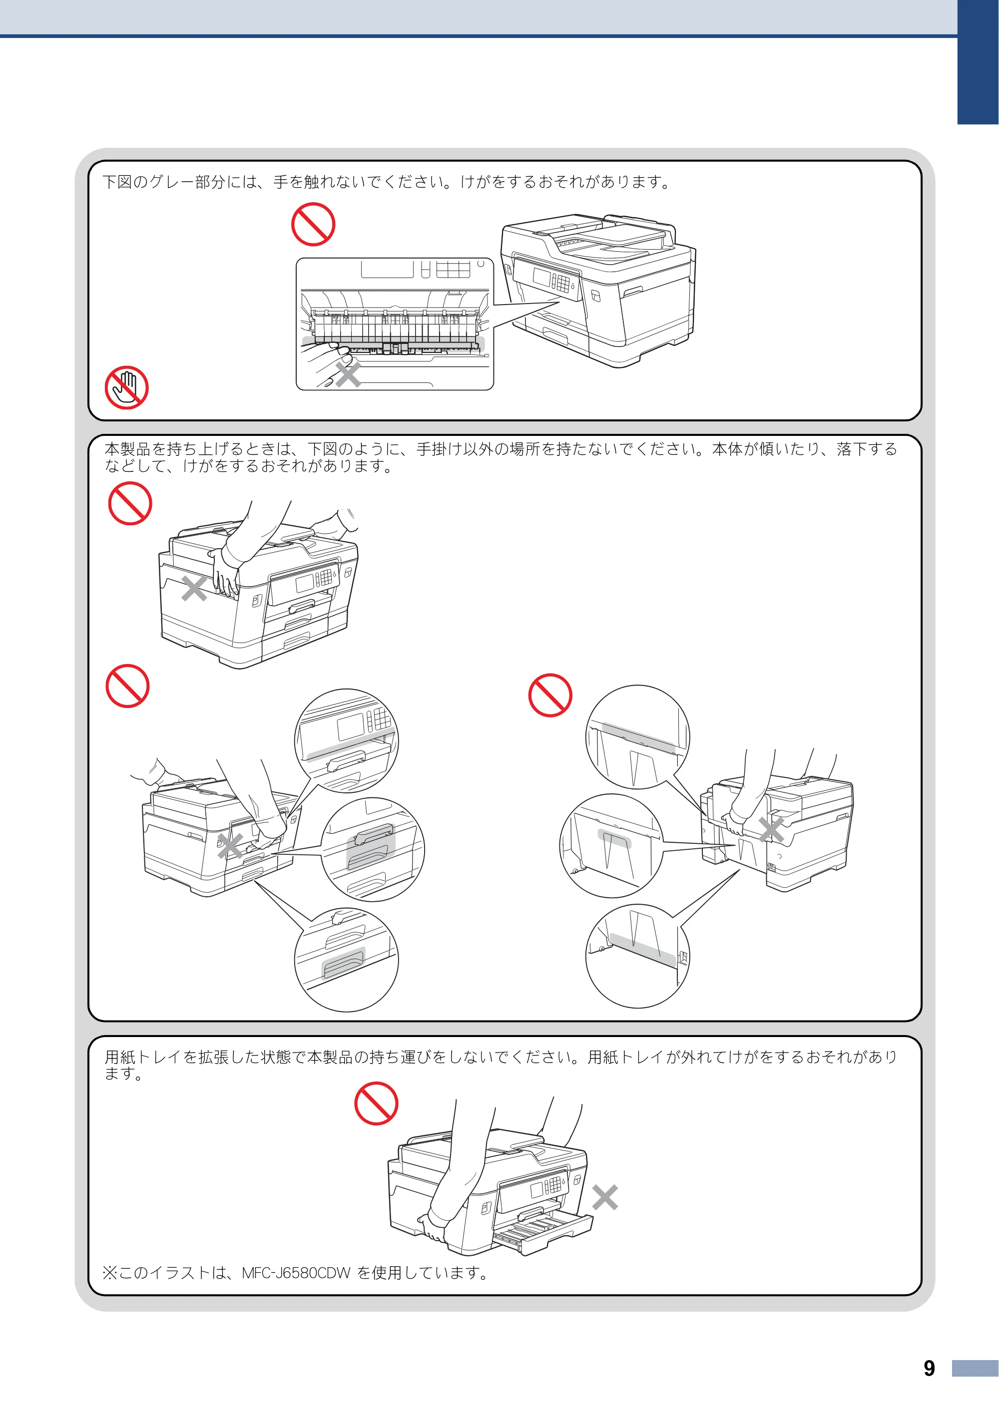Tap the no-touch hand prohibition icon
tap(127, 387)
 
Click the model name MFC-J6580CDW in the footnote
tap(296, 1273)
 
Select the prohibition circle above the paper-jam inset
tap(313, 225)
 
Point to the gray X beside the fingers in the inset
tap(348, 374)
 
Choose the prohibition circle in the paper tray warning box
tap(376, 1103)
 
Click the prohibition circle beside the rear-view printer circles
tap(550, 695)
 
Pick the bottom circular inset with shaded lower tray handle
tap(347, 960)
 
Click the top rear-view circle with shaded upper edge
tap(638, 737)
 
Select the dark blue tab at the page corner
tap(978, 61)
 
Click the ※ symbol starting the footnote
tap(109, 1273)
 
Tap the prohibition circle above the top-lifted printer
tap(130, 503)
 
